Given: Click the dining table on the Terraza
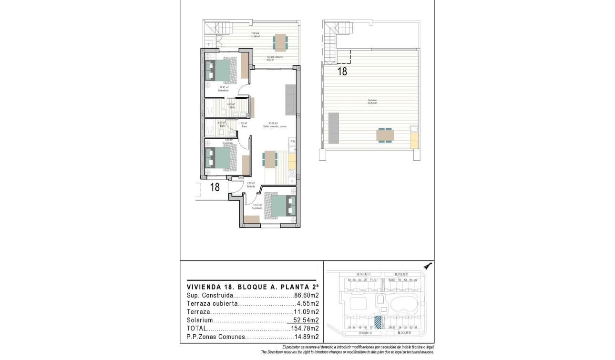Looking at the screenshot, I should tap(280, 42).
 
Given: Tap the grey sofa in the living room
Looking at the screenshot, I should tap(290, 100).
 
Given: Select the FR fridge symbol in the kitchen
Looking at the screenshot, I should tap(293, 142).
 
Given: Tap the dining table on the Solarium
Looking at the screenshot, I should tap(385, 135).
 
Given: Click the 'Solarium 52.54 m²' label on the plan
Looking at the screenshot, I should tap(372, 102).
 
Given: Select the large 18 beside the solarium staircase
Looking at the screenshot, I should tap(342, 72).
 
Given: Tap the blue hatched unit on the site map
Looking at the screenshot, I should tap(378, 322).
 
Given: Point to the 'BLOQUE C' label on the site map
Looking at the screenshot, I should tap(401, 275).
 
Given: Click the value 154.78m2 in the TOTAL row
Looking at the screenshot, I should tap(305, 329).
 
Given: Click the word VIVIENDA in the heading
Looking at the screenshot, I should tap(204, 287).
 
